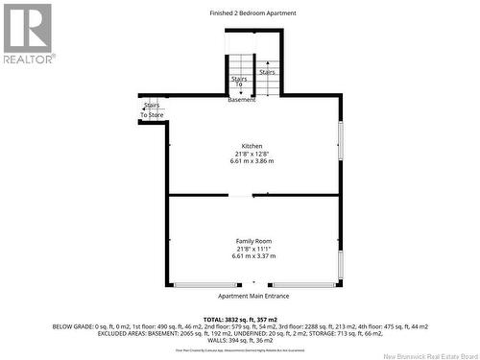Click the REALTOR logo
click(x=28, y=33)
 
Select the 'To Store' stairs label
click(x=153, y=114)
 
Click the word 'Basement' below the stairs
click(x=241, y=100)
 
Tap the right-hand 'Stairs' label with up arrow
click(x=267, y=72)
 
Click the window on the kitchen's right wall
click(x=340, y=140)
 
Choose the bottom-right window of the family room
click(x=302, y=285)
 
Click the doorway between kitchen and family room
click(x=241, y=196)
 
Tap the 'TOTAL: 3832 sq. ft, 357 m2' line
click(x=240, y=319)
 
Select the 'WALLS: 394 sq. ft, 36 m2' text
click(x=240, y=340)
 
